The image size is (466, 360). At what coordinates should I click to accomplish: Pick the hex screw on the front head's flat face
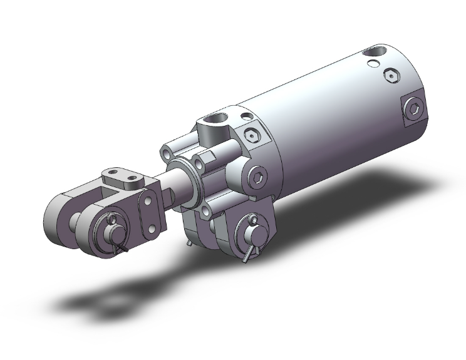pos(253,135)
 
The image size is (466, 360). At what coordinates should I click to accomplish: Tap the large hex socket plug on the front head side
pos(256,177)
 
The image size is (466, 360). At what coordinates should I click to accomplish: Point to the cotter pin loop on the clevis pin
pos(113,220)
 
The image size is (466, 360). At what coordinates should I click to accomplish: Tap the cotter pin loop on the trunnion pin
pos(251,220)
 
